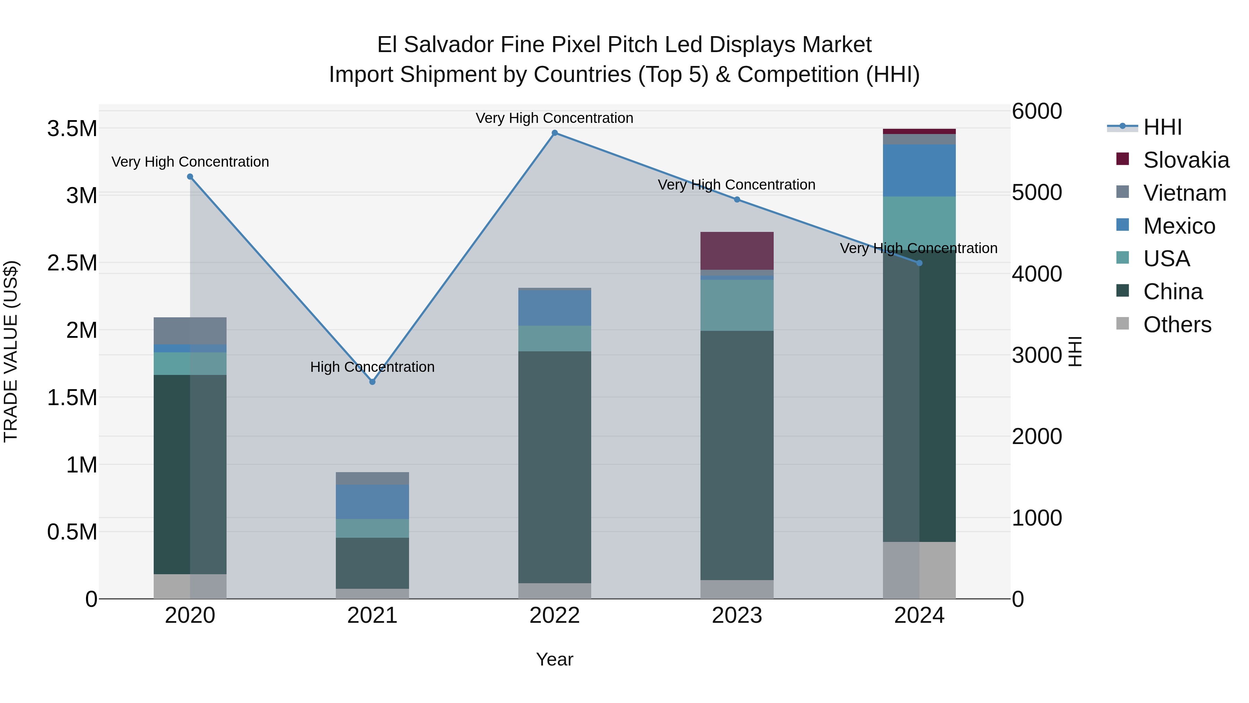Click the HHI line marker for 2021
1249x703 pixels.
[372, 382]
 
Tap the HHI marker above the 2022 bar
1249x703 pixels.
[555, 133]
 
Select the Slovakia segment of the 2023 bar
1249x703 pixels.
[737, 251]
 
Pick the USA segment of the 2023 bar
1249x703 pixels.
[737, 305]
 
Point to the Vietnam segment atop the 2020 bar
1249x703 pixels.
[190, 331]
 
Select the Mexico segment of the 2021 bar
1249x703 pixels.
[372, 502]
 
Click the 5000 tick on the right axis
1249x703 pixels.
[1037, 193]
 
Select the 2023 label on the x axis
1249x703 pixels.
[737, 616]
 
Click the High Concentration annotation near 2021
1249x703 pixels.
[372, 367]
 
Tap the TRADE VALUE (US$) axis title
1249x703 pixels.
[11, 351]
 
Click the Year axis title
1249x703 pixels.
[555, 659]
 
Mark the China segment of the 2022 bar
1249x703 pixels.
[555, 467]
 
